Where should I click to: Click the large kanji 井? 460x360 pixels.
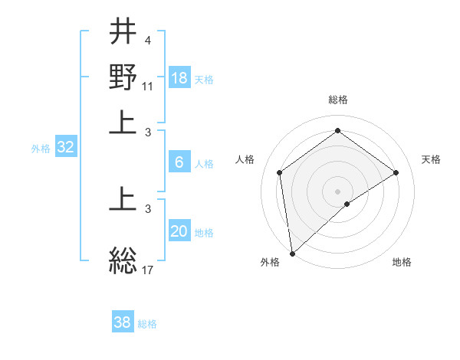coord(123,32)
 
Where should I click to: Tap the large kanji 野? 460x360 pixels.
coord(123,77)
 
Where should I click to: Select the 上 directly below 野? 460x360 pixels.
coord(123,123)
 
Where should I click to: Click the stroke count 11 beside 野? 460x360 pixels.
coord(148,86)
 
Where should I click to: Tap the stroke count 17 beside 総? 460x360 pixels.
coord(148,269)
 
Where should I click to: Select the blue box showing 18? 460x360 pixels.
coord(179,77)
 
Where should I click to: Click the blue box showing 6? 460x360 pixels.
coord(179,162)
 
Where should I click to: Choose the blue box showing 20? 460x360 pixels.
coord(179,231)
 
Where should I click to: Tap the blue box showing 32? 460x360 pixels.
coord(65,147)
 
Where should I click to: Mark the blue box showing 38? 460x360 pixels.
coord(122,322)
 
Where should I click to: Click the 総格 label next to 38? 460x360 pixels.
coord(147,324)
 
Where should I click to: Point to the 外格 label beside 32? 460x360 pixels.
coord(41,149)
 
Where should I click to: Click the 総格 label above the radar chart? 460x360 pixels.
coord(337,100)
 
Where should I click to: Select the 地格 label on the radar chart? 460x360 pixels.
coord(402,262)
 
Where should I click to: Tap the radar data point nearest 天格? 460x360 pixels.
coord(396,172)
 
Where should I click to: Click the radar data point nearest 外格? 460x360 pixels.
coord(292,254)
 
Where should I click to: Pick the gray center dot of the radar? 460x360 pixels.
coord(338,191)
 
